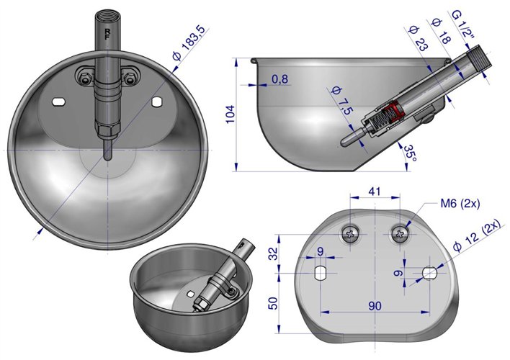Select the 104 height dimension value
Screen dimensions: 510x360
(231, 114)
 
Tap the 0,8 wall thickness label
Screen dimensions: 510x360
(279, 79)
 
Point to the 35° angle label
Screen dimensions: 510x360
(411, 153)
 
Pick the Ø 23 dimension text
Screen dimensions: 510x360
(419, 39)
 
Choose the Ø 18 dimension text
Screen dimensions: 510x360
(441, 31)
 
